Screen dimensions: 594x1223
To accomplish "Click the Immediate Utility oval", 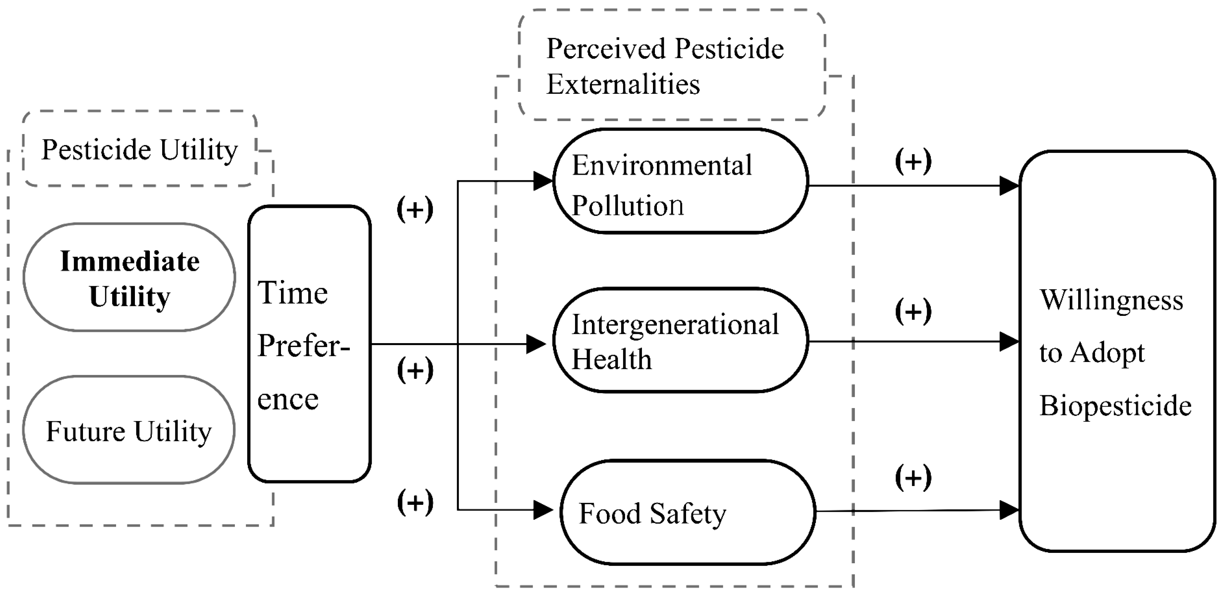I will pos(129,277).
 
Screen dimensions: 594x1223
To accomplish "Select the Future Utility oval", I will pos(129,430).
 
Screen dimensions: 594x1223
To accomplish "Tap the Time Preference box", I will pos(309,344).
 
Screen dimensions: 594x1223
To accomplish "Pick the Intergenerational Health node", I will pos(681,340).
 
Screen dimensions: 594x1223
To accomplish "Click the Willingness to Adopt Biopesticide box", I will pos(1117,351).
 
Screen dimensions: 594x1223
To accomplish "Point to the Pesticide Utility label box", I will pos(140,149).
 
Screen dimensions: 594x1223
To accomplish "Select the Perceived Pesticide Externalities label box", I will pos(671,65).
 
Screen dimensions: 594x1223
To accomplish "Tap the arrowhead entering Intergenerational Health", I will pos(537,344).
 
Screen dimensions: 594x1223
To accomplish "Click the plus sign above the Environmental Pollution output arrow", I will pos(913,161).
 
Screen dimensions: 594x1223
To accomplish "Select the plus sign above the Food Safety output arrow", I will pos(913,477).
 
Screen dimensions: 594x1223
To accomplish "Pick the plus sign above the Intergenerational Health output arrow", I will pos(913,311).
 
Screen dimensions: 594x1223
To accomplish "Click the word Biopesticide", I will pos(1115,406).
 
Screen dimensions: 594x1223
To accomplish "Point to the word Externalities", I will pos(623,85).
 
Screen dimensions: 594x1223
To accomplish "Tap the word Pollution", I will pos(627,206).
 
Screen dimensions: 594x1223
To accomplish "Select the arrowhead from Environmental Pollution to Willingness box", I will pos(1009,186).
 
